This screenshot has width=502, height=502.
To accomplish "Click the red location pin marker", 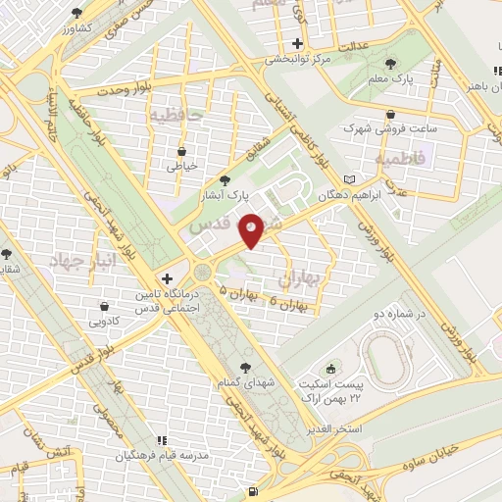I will [x=252, y=229].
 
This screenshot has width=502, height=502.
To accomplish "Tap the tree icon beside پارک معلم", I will [x=392, y=64].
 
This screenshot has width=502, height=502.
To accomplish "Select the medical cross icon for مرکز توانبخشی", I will [x=297, y=43].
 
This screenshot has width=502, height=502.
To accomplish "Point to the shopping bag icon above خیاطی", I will [x=182, y=151].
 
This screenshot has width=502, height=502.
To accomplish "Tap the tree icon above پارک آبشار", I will [x=226, y=180].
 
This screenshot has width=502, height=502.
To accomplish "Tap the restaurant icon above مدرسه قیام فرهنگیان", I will [x=164, y=440].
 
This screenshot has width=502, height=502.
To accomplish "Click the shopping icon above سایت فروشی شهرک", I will [x=391, y=113].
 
